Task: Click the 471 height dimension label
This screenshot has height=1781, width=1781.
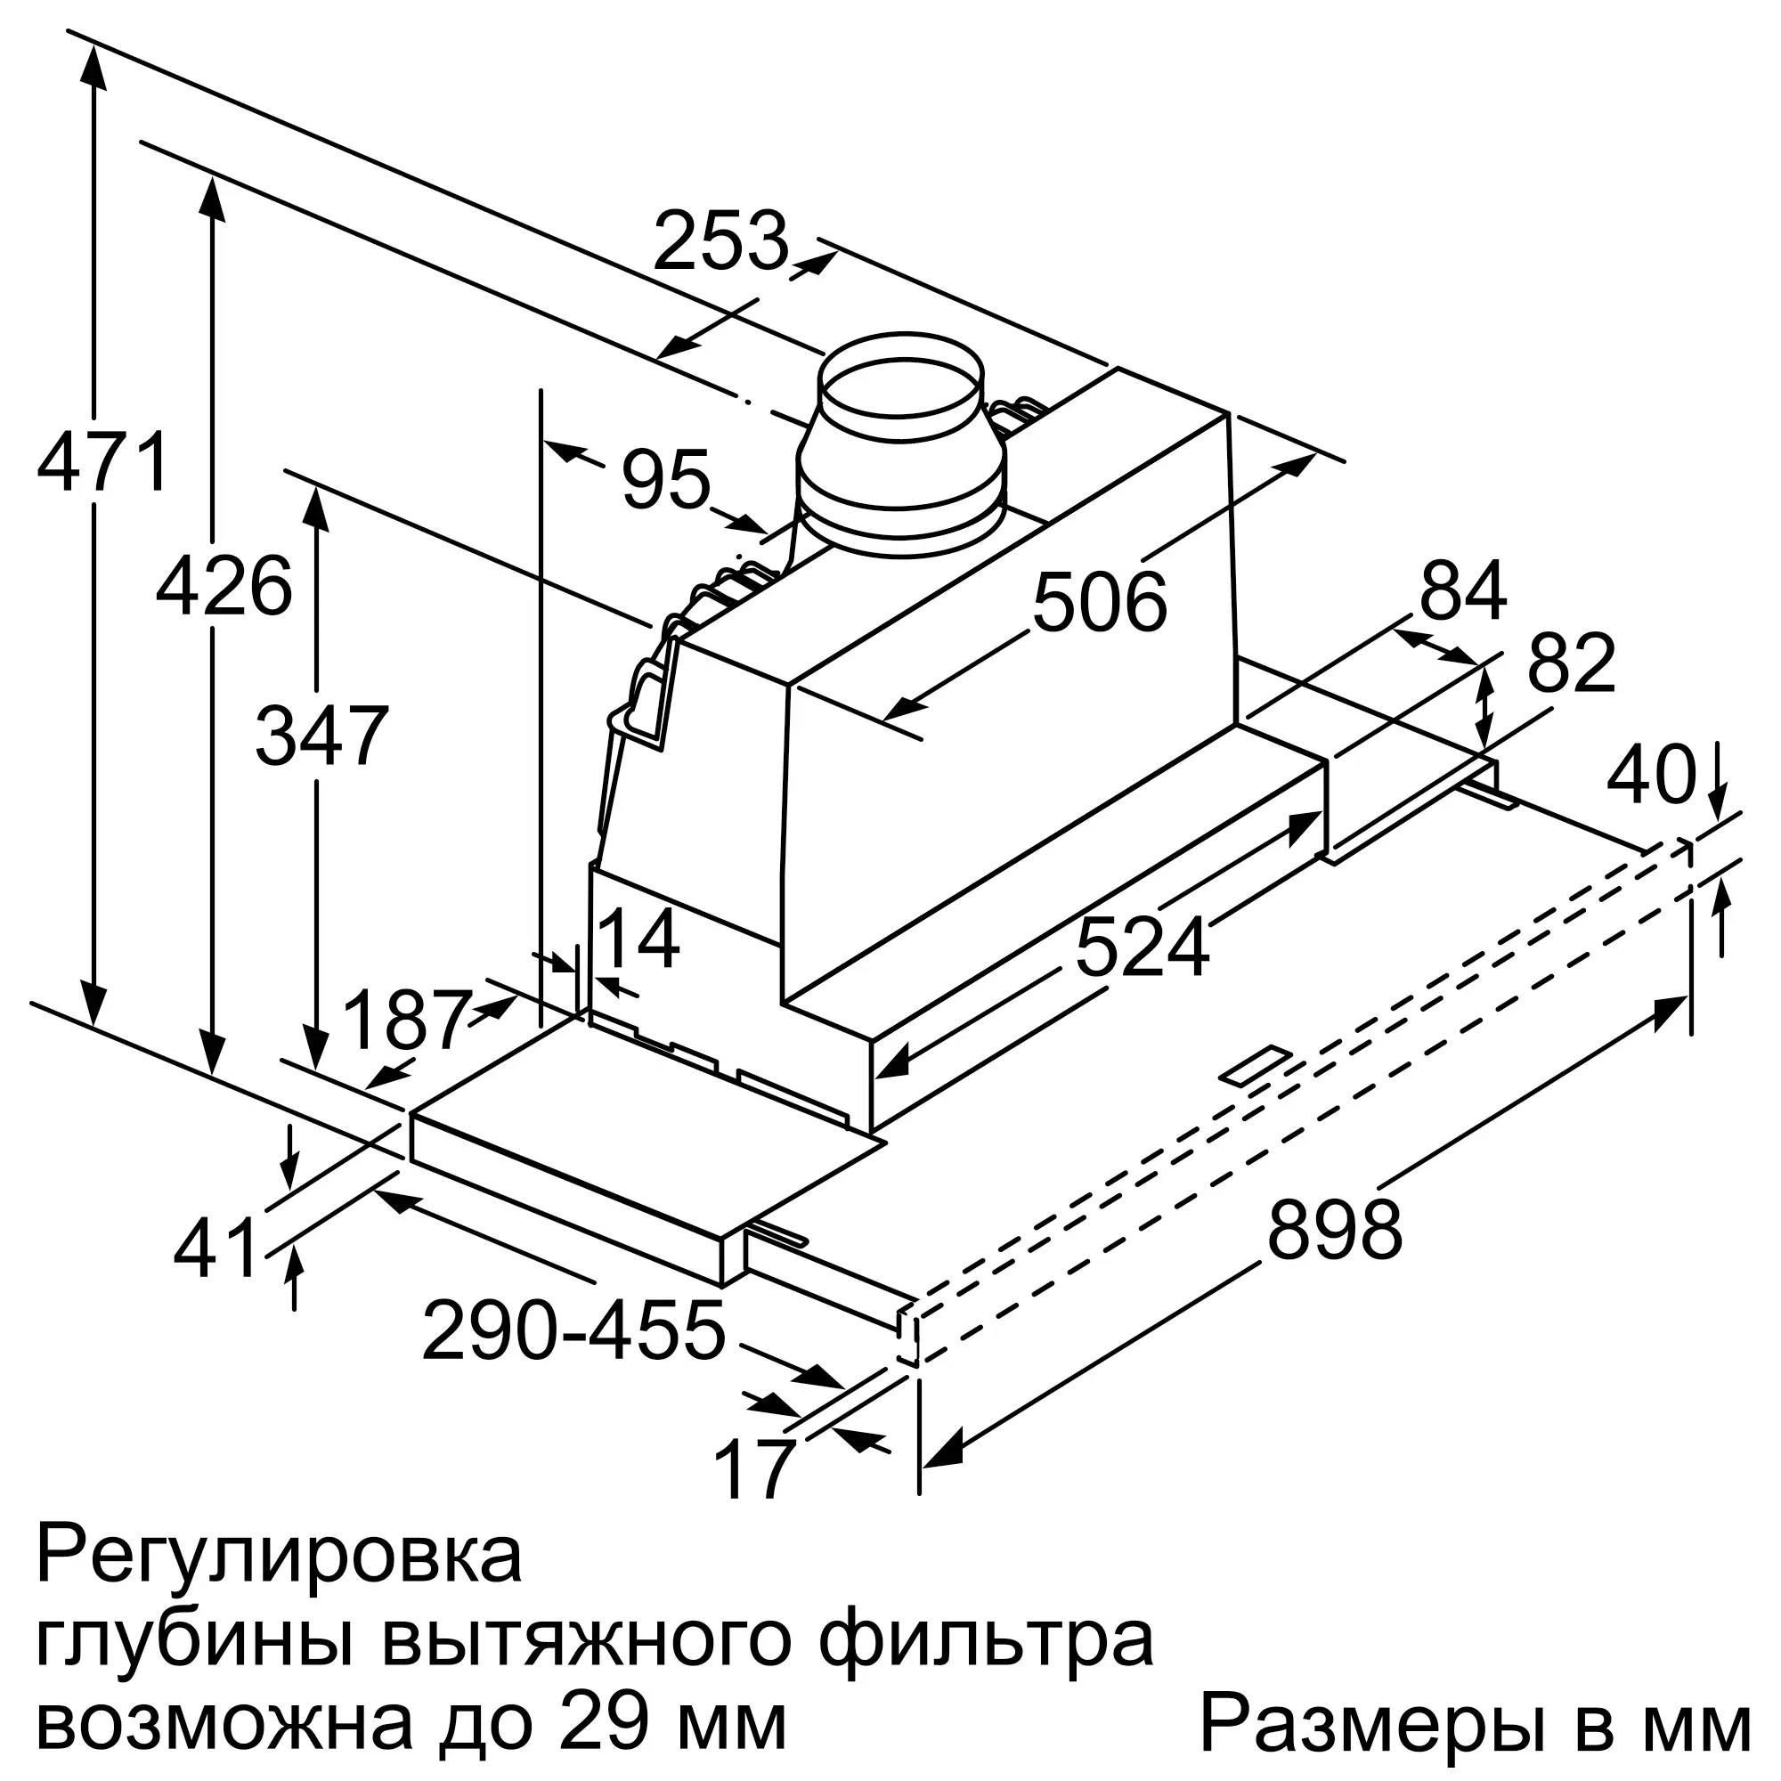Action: click(103, 461)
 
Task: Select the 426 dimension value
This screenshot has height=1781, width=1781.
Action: click(224, 585)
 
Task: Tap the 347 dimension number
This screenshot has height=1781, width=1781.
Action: click(321, 735)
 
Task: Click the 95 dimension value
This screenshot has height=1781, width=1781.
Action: click(665, 478)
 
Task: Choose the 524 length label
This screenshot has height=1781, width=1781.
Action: click(1143, 947)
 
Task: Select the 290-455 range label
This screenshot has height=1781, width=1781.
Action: click(573, 1330)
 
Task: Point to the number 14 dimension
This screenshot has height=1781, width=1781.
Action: click(638, 940)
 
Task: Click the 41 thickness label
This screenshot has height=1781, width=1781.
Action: click(216, 1248)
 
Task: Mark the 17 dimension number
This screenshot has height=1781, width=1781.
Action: click(754, 1469)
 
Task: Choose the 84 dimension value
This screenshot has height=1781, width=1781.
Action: click(1463, 590)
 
